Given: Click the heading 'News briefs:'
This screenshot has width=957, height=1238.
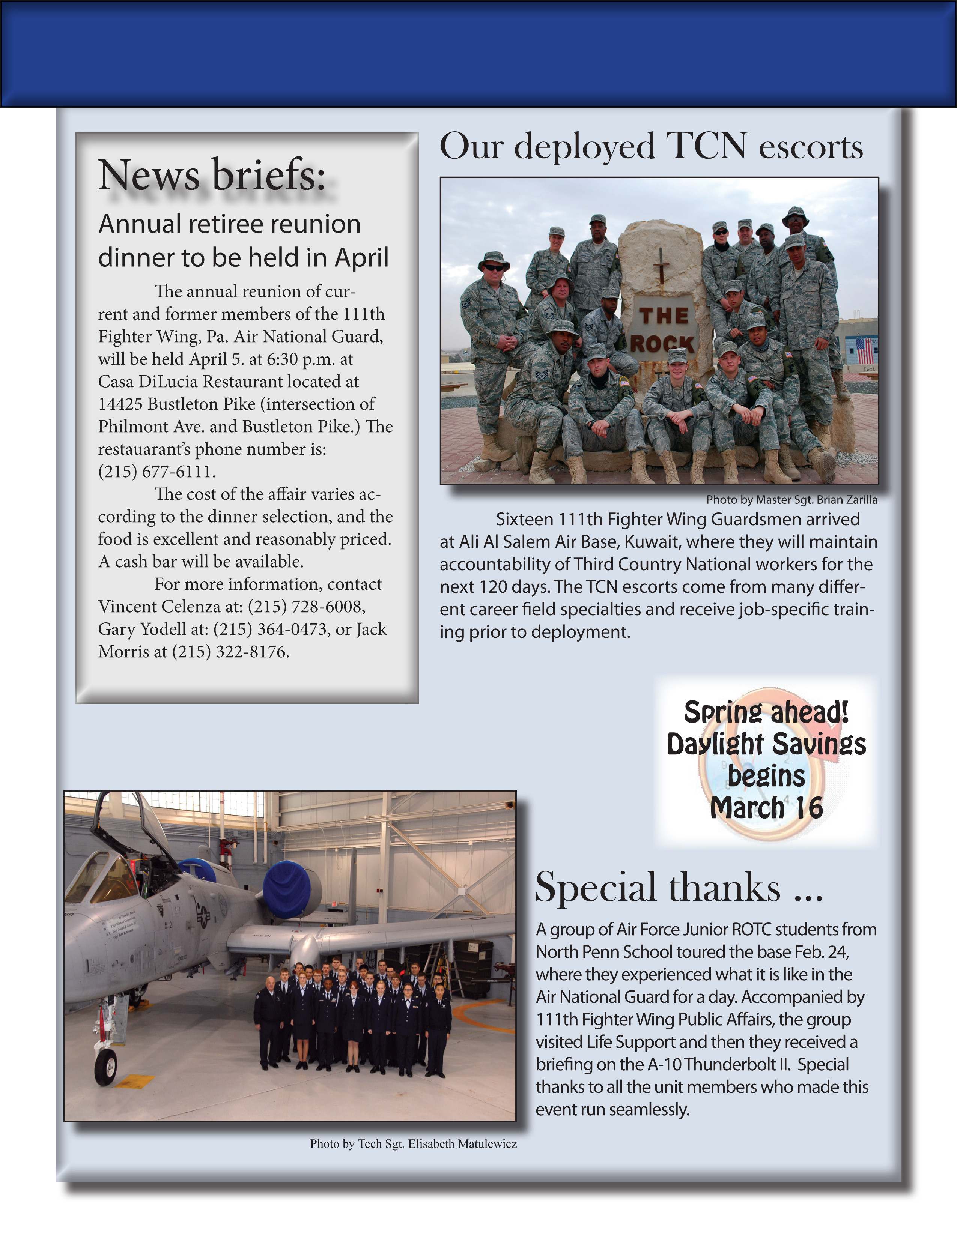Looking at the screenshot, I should click(211, 175).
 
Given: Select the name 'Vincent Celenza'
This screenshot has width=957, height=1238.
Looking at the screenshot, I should click(159, 607).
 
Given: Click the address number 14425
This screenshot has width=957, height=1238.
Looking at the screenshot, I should click(120, 404).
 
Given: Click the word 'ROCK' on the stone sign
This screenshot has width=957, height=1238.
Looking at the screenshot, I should click(662, 343).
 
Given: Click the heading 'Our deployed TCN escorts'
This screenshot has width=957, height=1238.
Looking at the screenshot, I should click(651, 146).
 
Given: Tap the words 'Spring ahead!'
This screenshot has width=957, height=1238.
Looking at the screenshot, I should click(766, 712).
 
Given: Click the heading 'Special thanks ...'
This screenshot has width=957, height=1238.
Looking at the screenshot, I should click(679, 888).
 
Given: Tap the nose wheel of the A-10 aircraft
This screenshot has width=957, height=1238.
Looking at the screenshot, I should click(105, 1067).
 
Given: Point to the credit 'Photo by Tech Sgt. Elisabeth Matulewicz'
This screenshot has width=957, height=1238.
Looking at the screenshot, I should click(413, 1143).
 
